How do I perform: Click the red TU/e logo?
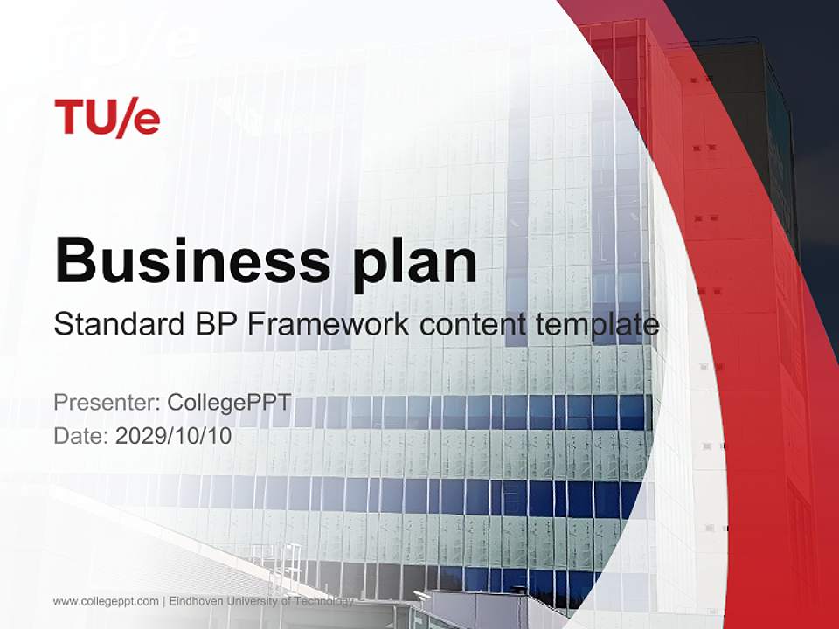tap(107, 117)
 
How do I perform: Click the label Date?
tap(82, 435)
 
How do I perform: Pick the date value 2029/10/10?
tap(174, 435)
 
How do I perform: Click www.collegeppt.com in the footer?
tap(106, 601)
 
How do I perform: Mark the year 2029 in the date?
tap(136, 435)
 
